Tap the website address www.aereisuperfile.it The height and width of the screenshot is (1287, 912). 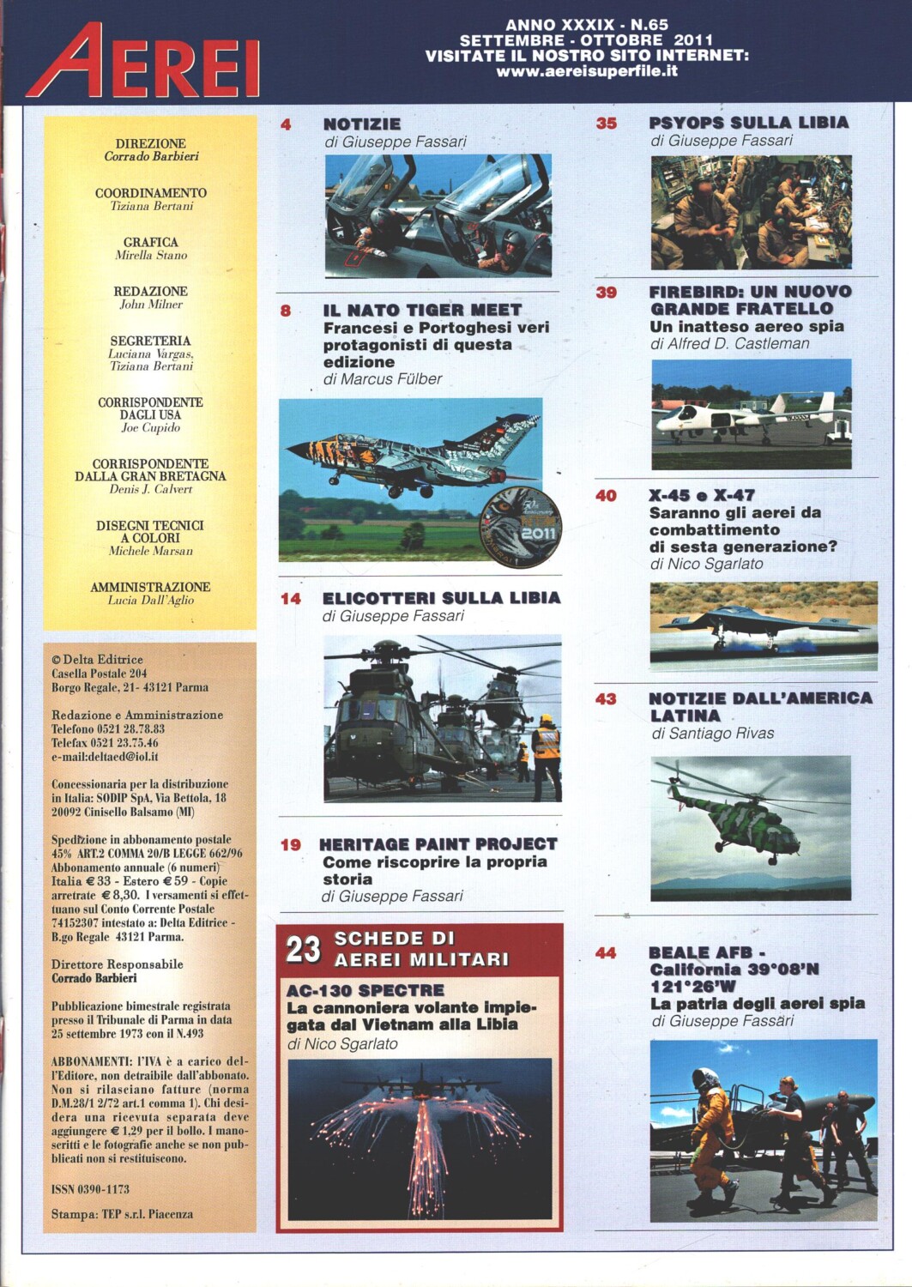587,72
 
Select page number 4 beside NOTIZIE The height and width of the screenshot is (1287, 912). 286,124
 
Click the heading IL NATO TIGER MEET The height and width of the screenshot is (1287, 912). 422,310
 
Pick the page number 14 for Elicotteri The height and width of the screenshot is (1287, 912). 291,598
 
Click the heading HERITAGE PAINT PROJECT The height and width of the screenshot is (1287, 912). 438,844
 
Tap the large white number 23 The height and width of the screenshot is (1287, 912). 303,949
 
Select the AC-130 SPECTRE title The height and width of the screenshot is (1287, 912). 365,990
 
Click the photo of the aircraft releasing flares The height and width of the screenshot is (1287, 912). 420,1138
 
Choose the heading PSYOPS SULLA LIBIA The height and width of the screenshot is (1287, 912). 748,122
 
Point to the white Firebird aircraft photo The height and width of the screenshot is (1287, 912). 752,414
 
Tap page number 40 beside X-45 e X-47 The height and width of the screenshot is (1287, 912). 606,495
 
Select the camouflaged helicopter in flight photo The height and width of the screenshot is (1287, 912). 751,827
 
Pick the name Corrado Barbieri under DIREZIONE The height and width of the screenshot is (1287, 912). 151,157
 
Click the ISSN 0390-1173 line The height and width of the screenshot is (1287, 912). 90,1189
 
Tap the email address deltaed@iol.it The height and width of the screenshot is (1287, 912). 105,757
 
